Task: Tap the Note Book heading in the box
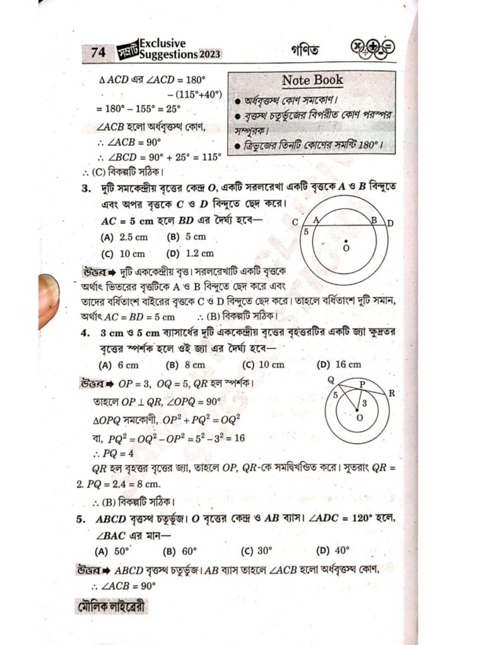tap(312, 80)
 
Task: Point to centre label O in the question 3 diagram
tap(345, 248)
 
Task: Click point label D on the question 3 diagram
tap(390, 222)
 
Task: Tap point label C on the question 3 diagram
tap(295, 222)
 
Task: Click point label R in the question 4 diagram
tap(392, 393)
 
